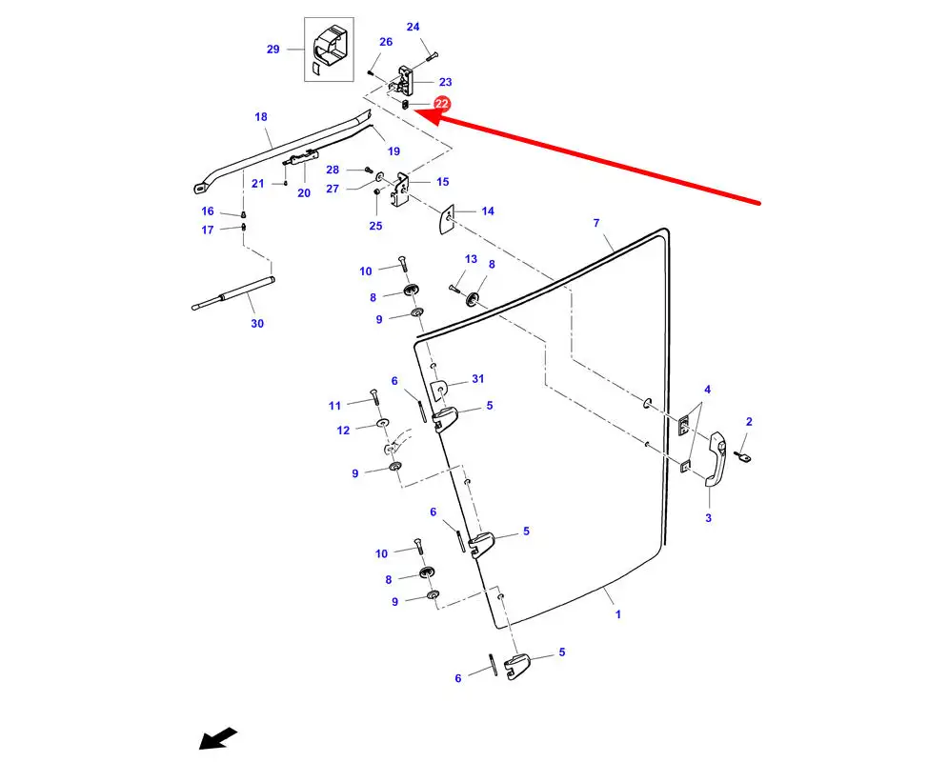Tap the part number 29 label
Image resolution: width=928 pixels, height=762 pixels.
tap(273, 49)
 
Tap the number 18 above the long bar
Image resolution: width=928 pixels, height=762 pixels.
tap(261, 117)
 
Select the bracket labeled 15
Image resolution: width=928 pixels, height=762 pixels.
tap(404, 189)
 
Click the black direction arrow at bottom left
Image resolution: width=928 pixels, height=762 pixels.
tap(218, 739)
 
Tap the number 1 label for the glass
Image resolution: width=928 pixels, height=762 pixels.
tap(617, 614)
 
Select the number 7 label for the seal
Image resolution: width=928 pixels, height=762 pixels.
tap(596, 223)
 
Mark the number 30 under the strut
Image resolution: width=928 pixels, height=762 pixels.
tap(257, 324)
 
